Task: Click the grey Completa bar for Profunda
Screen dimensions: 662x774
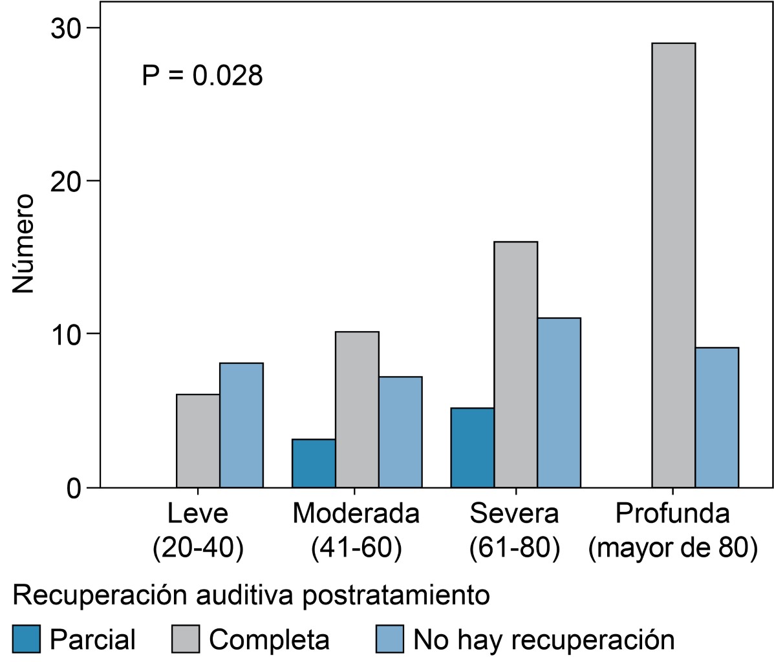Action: [674, 265]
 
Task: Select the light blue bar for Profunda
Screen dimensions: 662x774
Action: [717, 417]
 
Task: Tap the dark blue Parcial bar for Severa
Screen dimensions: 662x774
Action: [473, 447]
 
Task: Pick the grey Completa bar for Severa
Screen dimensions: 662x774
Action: [516, 364]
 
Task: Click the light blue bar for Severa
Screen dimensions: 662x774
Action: [559, 402]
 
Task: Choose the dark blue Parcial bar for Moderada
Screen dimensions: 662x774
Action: [314, 463]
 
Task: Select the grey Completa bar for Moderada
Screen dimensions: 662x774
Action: [357, 409]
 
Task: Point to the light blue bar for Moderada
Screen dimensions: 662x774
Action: [400, 432]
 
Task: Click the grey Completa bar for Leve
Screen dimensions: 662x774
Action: [198, 440]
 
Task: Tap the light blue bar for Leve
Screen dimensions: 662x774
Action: [241, 425]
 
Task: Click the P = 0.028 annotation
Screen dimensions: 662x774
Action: [202, 76]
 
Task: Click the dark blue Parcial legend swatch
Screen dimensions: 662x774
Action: [26, 639]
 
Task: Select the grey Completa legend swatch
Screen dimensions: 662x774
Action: [187, 639]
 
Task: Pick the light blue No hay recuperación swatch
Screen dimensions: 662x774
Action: [389, 639]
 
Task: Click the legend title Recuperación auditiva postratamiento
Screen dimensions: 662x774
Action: [250, 595]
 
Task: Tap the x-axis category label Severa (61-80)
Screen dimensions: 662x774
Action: [514, 531]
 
